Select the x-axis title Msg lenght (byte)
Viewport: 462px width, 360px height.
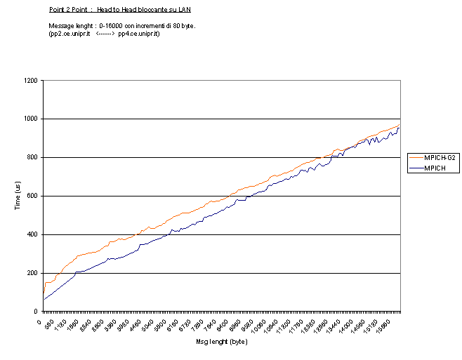coord(221,342)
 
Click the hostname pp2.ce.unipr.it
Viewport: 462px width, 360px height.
coord(70,34)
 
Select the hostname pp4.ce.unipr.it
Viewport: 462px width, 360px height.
coord(138,34)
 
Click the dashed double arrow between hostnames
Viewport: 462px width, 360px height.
coord(104,34)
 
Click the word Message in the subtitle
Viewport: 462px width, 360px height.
coord(61,26)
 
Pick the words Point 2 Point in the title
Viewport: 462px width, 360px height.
coord(68,10)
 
